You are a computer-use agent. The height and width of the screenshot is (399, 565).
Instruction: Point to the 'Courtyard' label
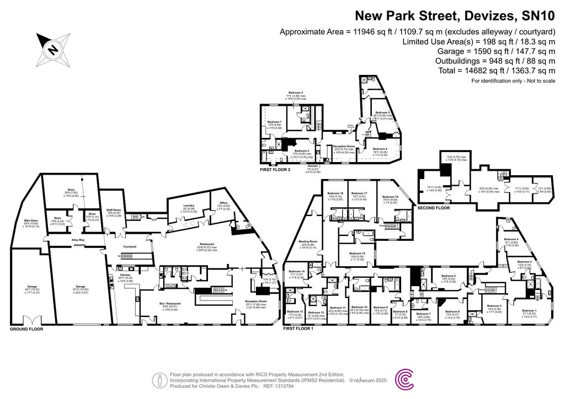[x=129, y=246]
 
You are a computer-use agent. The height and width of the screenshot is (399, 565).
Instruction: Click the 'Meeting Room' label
[x=308, y=241]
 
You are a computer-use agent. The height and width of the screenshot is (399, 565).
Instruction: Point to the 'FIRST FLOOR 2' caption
[x=274, y=170]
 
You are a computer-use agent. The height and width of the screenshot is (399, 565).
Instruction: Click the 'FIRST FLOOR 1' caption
[x=298, y=328]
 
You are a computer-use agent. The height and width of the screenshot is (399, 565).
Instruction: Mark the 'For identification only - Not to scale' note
[x=513, y=81]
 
